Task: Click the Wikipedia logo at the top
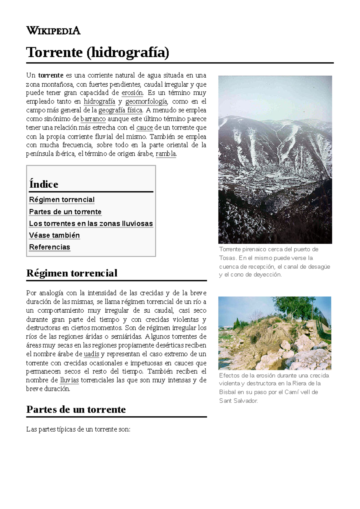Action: click(x=53, y=31)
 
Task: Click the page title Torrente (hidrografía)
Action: click(x=98, y=52)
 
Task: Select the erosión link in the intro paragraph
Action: click(x=132, y=93)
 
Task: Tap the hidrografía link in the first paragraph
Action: click(x=99, y=101)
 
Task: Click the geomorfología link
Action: click(x=146, y=101)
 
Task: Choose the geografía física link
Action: click(x=120, y=110)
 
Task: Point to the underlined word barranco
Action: click(x=93, y=119)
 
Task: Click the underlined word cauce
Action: click(x=145, y=128)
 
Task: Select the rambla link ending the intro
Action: click(x=166, y=154)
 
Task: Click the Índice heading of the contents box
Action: click(x=44, y=184)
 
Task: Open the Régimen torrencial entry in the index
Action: click(x=62, y=200)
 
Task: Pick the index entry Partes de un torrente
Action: click(x=65, y=212)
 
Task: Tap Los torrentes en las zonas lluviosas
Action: click(x=91, y=224)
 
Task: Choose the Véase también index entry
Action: click(x=54, y=235)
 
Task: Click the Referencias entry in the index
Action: click(x=49, y=247)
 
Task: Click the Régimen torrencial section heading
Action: click(x=72, y=273)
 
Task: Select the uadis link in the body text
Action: click(x=91, y=354)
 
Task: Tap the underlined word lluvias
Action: click(x=69, y=380)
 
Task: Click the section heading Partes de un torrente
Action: click(x=76, y=409)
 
